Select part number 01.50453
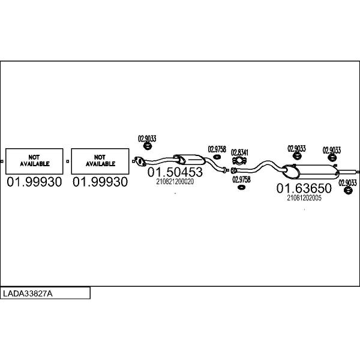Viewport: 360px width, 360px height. [x=175, y=172]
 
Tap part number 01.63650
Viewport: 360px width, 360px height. [x=304, y=188]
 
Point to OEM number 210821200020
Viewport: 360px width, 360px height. [x=175, y=182]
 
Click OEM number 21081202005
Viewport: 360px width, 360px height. [x=304, y=198]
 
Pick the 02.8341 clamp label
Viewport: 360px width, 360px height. [x=240, y=152]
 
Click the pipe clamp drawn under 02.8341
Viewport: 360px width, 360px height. [x=239, y=161]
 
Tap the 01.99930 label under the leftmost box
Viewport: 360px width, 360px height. [x=35, y=182]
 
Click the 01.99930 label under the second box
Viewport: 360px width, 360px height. [x=100, y=182]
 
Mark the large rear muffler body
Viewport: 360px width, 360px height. [x=313, y=170]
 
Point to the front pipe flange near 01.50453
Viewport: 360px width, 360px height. [x=140, y=160]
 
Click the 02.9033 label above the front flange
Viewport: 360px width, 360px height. [x=147, y=139]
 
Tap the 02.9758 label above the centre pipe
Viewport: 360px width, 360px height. [x=217, y=149]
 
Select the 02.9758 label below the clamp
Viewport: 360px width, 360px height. [x=241, y=179]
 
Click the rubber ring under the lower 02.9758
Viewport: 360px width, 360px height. [x=241, y=188]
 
